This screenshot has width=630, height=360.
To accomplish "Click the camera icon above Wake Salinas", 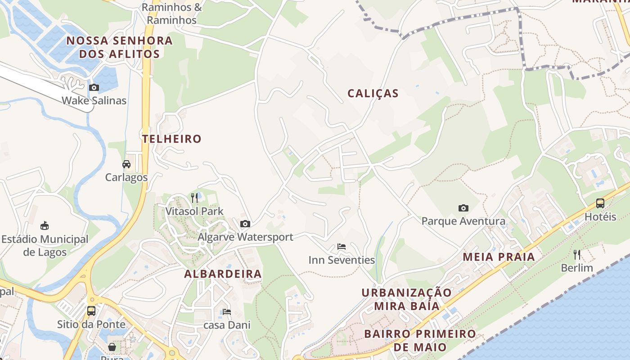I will click(x=94, y=88).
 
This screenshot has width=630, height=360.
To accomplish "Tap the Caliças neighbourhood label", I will click(x=373, y=94).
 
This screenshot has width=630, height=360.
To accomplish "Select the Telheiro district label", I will click(x=171, y=139).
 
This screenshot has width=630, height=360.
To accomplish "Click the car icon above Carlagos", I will click(x=126, y=164).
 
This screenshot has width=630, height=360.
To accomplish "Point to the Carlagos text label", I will click(x=126, y=177).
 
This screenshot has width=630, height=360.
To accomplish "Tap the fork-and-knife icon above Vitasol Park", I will click(x=194, y=198).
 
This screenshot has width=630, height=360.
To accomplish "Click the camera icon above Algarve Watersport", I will click(x=245, y=224).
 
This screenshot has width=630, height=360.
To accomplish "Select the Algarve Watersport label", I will click(x=246, y=237).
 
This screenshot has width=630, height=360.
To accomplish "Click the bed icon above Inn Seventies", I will click(x=342, y=247).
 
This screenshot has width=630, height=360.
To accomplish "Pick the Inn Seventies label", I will click(x=342, y=260).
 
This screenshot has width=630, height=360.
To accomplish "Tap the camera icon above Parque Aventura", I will click(x=463, y=208).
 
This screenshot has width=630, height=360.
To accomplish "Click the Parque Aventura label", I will click(x=463, y=221).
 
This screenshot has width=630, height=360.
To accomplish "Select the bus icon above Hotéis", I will click(x=600, y=203).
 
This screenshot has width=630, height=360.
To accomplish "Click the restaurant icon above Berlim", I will click(x=577, y=255).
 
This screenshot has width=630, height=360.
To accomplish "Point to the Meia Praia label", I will click(x=499, y=257).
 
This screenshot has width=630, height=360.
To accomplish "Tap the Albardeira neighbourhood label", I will click(x=223, y=274).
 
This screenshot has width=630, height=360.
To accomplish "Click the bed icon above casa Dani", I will click(x=227, y=311).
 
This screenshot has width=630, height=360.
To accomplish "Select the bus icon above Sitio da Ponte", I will click(x=91, y=310).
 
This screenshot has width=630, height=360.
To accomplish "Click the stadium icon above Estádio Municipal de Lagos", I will click(x=45, y=225).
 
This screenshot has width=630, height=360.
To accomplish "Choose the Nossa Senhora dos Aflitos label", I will click(x=119, y=47).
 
